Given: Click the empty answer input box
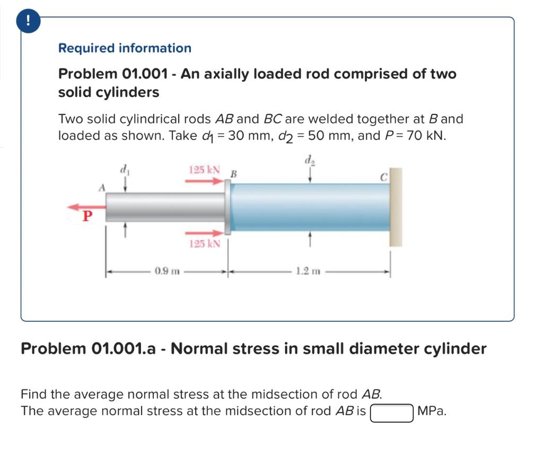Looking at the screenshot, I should click(x=391, y=412).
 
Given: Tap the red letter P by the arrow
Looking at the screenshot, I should click(x=86, y=216).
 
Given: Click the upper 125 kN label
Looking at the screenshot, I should click(x=204, y=170).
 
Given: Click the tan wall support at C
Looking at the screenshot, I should click(x=396, y=207).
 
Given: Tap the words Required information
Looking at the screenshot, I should click(x=125, y=48).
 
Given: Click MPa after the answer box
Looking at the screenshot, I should click(x=432, y=411).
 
